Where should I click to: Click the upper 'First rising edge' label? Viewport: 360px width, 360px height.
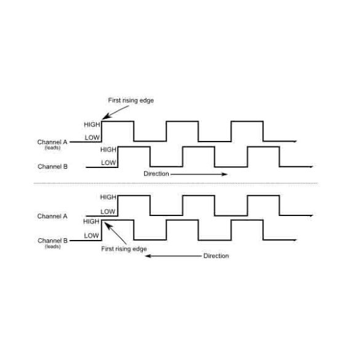(x=131, y=100)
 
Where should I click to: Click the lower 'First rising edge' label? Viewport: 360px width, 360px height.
(x=124, y=249)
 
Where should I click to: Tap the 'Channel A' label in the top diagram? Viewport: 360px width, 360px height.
(x=52, y=142)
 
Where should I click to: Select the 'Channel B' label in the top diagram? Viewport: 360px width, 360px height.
(x=52, y=166)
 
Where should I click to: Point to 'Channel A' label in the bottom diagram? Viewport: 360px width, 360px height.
(x=52, y=216)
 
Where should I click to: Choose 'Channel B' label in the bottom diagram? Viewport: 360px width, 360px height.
(x=52, y=241)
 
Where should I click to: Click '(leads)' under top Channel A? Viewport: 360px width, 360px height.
(x=52, y=148)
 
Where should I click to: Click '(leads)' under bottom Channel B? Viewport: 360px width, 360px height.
(x=52, y=247)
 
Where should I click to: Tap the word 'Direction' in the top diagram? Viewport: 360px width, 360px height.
(x=156, y=174)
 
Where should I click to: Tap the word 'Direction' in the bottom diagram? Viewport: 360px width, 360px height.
(x=216, y=256)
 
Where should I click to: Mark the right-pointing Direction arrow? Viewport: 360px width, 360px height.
(x=199, y=174)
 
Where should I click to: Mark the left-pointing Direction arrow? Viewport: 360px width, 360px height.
(x=174, y=256)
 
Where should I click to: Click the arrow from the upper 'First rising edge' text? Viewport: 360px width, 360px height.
(x=116, y=113)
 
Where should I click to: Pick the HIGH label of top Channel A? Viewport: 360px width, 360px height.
(x=92, y=125)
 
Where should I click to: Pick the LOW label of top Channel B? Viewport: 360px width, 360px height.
(x=108, y=163)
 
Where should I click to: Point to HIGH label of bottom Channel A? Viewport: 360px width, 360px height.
(x=108, y=197)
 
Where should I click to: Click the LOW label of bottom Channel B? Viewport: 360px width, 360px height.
(x=91, y=236)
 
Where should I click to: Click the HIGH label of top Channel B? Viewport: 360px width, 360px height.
(x=108, y=150)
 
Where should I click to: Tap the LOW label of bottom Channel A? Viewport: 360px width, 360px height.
(x=108, y=212)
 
